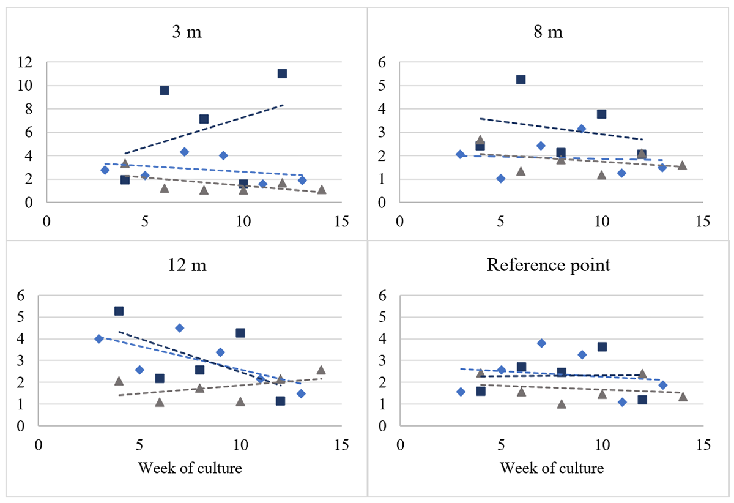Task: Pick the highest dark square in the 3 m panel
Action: tap(282, 73)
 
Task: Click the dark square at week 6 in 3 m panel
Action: tap(164, 91)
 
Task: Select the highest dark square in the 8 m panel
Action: tap(521, 80)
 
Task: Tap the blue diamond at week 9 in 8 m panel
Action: tap(581, 129)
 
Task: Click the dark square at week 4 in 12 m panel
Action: tap(119, 311)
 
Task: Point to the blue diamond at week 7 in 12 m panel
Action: tap(179, 328)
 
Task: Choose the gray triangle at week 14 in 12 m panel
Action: tap(321, 370)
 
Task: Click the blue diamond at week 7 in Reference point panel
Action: tap(541, 343)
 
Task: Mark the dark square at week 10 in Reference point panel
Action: tap(602, 347)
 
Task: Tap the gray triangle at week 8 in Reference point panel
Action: tap(562, 404)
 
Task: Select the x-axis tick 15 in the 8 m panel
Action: tap(703, 222)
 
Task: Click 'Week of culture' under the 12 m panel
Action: tap(190, 469)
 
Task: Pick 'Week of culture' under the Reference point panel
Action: tap(552, 469)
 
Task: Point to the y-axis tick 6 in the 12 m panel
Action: tap(24, 296)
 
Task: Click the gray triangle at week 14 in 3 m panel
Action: tap(322, 190)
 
